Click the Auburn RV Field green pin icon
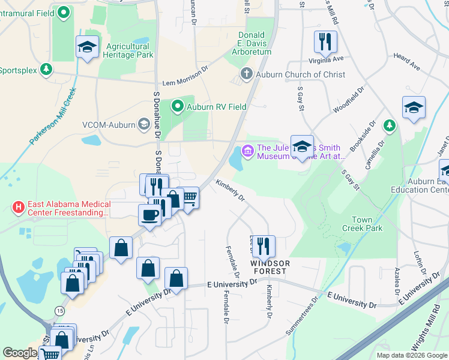178,107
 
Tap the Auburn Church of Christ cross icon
246,74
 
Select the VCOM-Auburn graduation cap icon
143,125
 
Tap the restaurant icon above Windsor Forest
263,245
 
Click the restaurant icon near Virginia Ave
325,41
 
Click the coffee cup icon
149,214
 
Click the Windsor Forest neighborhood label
270,268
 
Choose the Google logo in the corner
20,352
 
